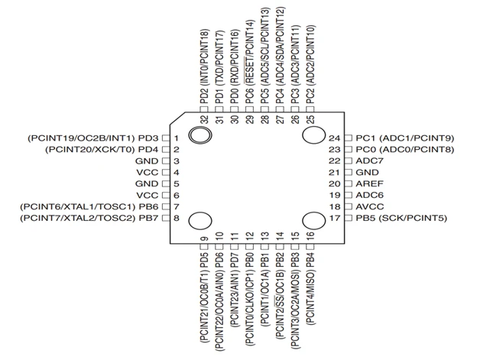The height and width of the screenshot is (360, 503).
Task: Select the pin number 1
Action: [x=176, y=138]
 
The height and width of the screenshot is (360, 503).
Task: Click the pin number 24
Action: [x=334, y=138]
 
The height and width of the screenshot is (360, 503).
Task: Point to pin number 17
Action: [x=334, y=218]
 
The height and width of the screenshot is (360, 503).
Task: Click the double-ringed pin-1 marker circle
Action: [x=200, y=135]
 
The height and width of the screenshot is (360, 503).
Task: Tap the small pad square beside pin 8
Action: [x=166, y=218]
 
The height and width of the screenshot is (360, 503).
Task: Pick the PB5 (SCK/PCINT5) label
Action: [x=401, y=218]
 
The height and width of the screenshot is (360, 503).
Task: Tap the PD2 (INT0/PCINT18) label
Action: [x=204, y=66]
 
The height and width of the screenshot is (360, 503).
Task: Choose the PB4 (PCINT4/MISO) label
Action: [x=310, y=289]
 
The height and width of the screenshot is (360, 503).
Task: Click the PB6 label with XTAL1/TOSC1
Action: [x=89, y=206]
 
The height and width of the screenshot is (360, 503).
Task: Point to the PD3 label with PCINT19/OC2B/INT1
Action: [x=93, y=138]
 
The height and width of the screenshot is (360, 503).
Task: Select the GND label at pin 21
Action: [x=367, y=172]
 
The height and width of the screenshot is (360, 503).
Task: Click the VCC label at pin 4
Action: [x=148, y=172]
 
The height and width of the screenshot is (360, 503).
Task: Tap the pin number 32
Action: [x=204, y=119]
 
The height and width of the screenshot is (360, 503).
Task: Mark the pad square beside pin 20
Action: [x=348, y=183]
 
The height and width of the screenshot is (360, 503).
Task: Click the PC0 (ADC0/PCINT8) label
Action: [x=405, y=150]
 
